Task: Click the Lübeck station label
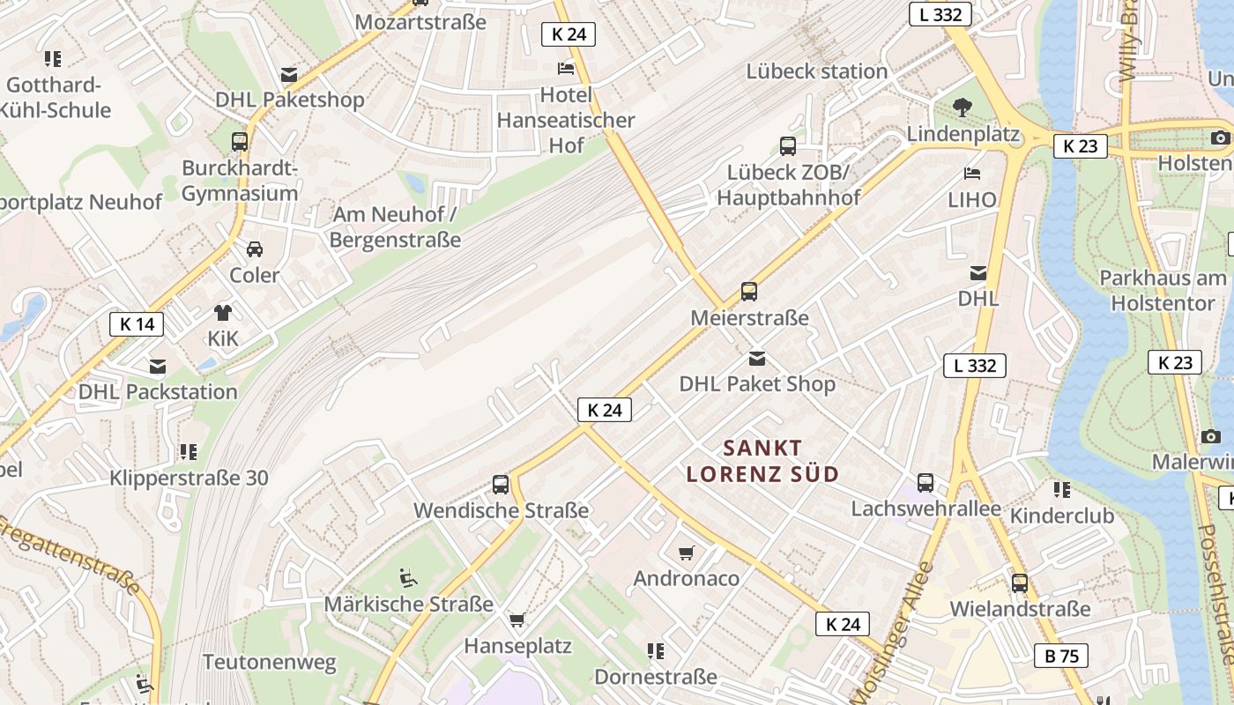816,71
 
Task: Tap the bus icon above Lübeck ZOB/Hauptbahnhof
788,146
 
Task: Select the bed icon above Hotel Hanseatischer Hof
566,69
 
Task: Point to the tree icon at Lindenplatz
963,108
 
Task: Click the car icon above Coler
255,249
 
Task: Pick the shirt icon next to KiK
223,312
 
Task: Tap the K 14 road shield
137,324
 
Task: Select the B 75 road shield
1061,656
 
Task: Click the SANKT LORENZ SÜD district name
762,461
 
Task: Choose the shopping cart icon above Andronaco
687,553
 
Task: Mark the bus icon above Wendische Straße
501,484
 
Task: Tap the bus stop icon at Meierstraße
749,291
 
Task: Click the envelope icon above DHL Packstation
158,366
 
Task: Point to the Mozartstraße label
420,22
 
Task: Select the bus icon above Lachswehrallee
925,482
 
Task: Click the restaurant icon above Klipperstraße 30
189,452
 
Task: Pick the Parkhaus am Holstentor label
1163,291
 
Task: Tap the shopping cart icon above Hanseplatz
517,620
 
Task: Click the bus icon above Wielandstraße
1020,583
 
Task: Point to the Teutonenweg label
270,662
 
